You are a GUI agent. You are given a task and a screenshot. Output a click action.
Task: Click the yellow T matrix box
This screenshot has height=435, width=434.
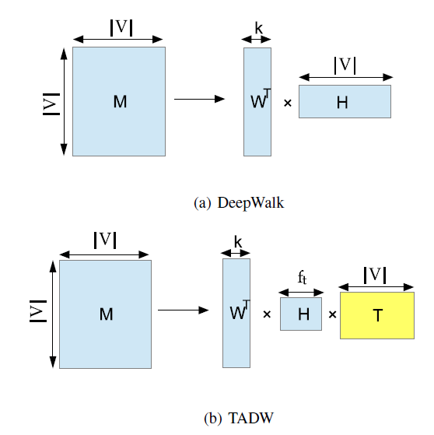[x=377, y=315]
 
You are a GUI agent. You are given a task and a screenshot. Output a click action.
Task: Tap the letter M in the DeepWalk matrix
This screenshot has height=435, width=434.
[x=120, y=101]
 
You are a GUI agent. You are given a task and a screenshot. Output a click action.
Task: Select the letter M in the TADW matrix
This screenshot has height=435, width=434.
[x=107, y=314]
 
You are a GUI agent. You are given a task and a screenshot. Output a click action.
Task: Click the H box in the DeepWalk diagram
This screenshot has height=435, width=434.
[x=345, y=101]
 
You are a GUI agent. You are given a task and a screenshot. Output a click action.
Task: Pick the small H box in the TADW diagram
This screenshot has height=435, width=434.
[x=301, y=314]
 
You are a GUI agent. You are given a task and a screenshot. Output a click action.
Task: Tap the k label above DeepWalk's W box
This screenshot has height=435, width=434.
[x=258, y=28]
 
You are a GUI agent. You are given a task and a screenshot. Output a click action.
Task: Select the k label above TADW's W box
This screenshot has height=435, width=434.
[x=238, y=242]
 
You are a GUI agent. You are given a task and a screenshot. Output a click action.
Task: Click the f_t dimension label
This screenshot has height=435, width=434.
[x=302, y=278]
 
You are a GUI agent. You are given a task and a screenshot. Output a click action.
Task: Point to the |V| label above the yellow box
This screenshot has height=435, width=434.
[x=375, y=275]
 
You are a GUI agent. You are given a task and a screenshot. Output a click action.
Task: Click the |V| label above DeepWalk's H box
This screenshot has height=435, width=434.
[x=345, y=65]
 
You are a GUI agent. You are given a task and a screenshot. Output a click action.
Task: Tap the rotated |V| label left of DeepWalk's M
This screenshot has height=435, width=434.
[x=51, y=104]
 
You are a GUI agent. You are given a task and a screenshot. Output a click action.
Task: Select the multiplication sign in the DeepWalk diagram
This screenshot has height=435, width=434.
[x=288, y=103]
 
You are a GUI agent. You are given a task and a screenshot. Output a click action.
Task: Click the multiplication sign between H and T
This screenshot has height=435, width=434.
[x=333, y=314]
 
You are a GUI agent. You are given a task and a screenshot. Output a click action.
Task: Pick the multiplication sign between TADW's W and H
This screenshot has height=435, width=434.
[x=267, y=314]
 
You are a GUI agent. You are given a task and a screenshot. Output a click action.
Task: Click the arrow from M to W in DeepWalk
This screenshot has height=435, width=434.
[x=199, y=99]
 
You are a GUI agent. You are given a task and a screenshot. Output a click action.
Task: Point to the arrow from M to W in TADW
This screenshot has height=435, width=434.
[x=184, y=310]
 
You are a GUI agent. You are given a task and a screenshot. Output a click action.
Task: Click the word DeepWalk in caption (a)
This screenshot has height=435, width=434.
[x=250, y=203]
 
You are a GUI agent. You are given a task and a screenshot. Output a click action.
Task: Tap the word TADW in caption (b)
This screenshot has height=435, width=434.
[x=250, y=418]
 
